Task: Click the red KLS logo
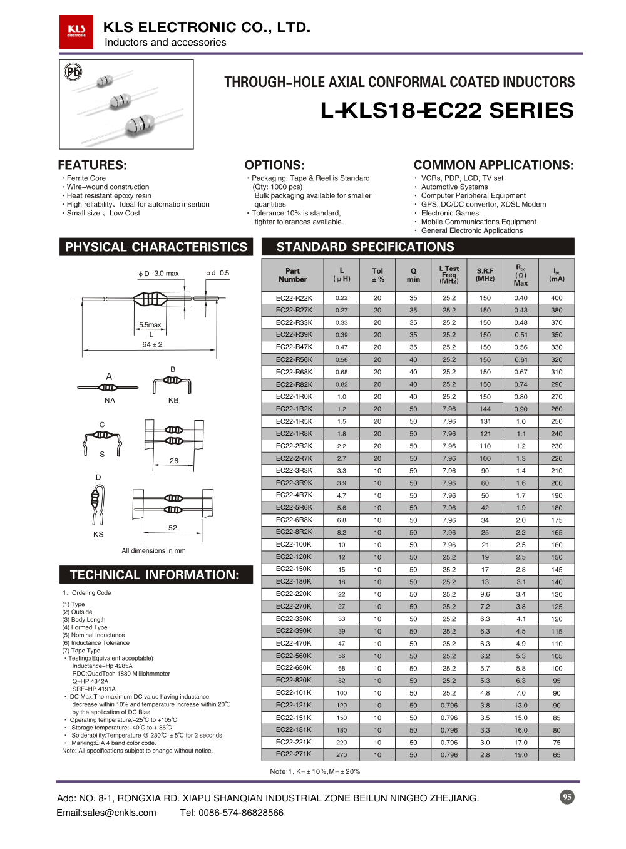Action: (x=76, y=32)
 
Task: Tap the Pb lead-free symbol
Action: (x=73, y=72)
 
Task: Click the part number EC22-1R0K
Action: (x=294, y=396)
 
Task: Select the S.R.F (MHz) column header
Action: (x=485, y=275)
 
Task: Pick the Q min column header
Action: (x=413, y=275)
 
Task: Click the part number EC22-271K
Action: (x=294, y=754)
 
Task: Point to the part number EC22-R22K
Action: (x=294, y=298)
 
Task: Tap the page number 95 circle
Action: (x=567, y=796)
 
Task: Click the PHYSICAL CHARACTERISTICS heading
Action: (x=156, y=247)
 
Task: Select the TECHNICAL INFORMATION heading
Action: (x=155, y=575)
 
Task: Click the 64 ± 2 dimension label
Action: (x=152, y=344)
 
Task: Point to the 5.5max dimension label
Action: (x=150, y=325)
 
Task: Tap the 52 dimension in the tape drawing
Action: (x=173, y=528)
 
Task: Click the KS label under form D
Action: (x=98, y=534)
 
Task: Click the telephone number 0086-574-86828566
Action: (x=241, y=813)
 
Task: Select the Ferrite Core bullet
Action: (x=86, y=178)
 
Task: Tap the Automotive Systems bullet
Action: (x=454, y=187)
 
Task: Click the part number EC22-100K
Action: (x=294, y=545)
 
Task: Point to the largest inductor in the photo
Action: (x=140, y=124)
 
